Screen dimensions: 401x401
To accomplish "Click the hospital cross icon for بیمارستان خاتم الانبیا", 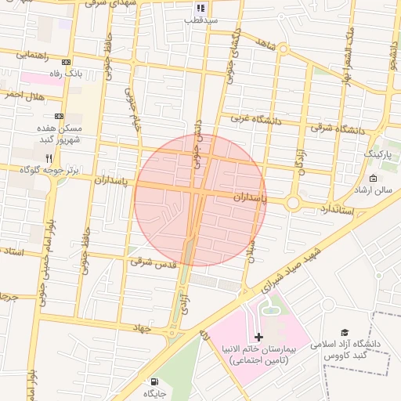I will (260, 336).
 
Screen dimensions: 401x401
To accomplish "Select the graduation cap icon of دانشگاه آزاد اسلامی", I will (345, 333).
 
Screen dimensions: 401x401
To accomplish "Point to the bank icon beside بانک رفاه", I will (67, 63).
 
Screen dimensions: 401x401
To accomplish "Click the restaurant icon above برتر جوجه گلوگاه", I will (49, 158).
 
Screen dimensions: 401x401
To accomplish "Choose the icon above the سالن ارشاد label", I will (373, 179).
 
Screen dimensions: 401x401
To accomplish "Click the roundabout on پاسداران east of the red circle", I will (293, 203).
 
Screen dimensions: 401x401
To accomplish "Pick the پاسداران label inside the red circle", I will (250, 200).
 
